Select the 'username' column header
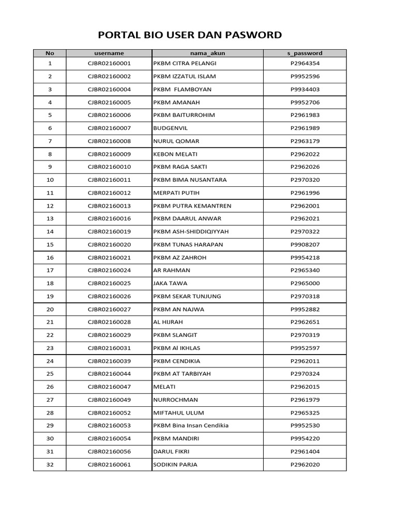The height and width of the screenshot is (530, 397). tap(109, 53)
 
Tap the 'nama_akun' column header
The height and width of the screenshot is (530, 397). tap(207, 53)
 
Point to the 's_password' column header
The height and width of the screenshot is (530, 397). tap(304, 53)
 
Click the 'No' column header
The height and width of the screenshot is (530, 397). tap(50, 53)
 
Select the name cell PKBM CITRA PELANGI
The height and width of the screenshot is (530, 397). tap(185, 63)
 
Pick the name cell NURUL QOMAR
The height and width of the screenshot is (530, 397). tap(176, 141)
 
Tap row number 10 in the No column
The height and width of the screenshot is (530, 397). tap(50, 180)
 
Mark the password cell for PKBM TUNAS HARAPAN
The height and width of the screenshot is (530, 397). tap(304, 244)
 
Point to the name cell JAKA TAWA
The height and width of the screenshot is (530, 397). tap(170, 283)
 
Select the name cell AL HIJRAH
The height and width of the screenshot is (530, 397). tap(168, 322)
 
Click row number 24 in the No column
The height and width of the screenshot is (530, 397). tap(50, 361)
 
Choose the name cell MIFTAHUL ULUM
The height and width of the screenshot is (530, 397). tap(178, 413)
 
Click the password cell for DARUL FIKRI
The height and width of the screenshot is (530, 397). tap(304, 451)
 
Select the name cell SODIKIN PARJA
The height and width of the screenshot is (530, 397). tap(175, 464)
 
